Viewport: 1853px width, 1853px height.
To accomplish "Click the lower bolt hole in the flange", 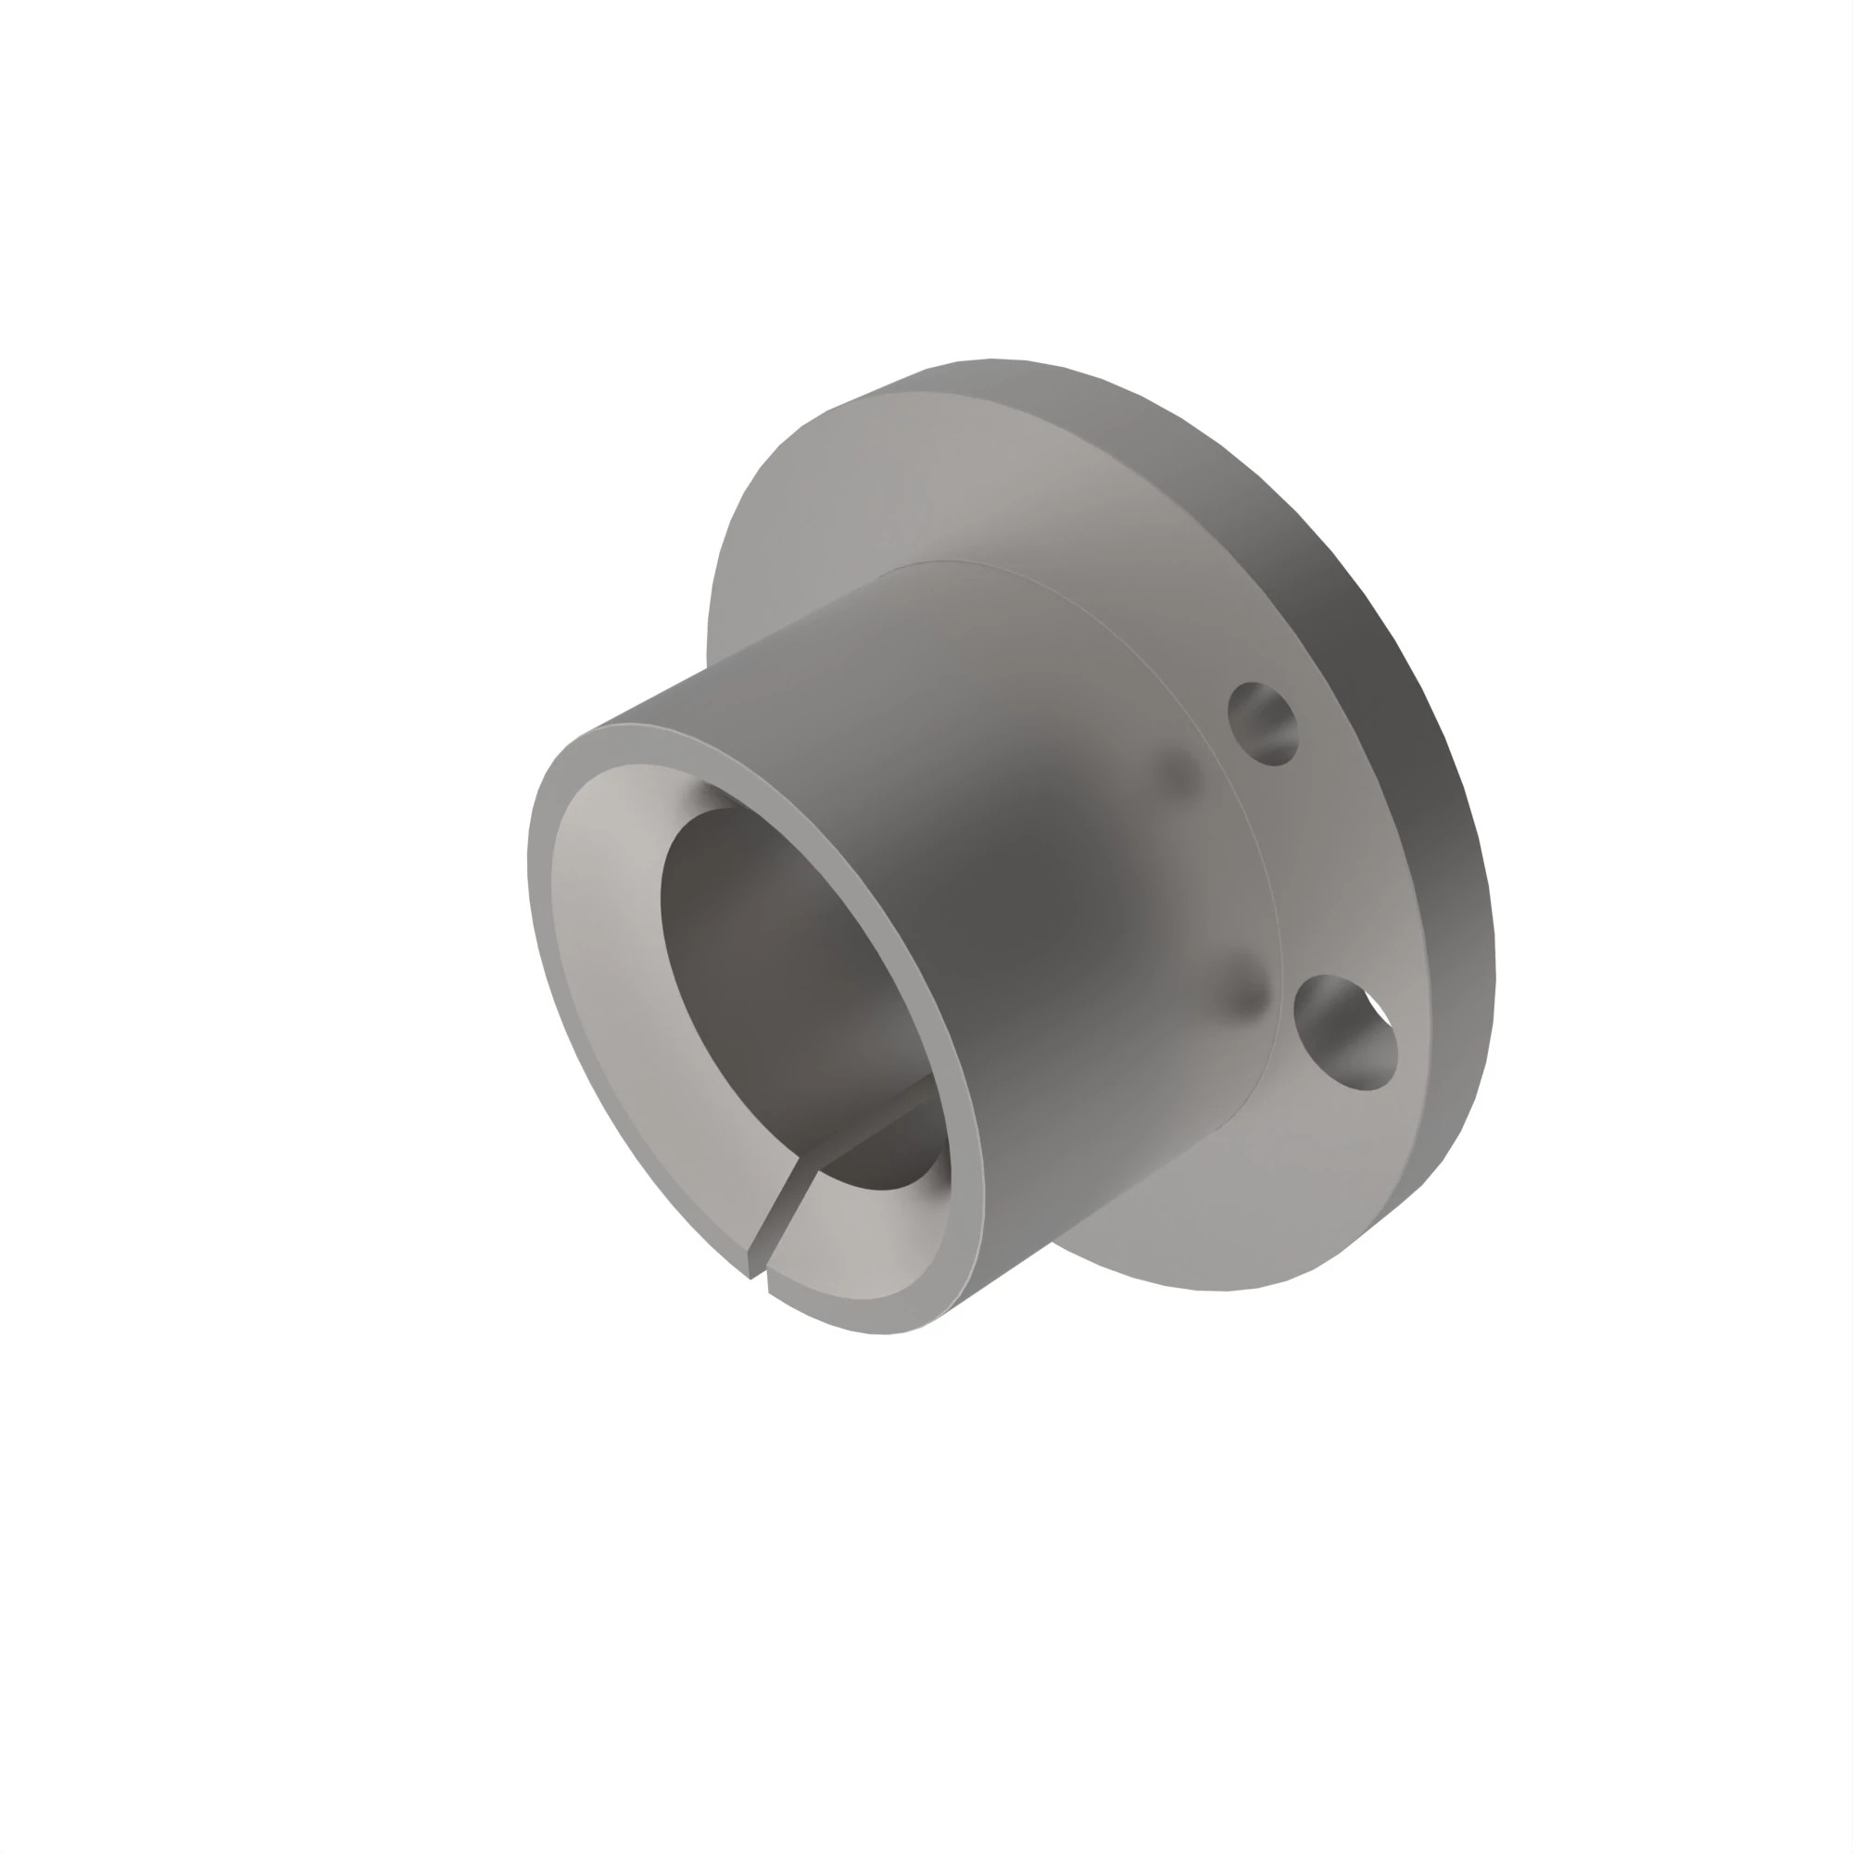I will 1343,1033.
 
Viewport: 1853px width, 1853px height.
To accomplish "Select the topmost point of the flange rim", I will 992,360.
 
